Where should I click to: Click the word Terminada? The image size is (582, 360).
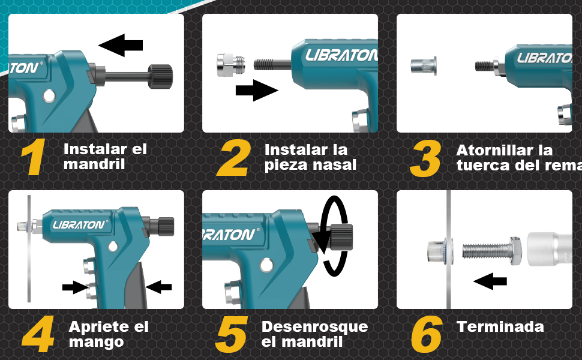[x=500, y=327]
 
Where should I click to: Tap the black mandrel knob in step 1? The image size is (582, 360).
[x=160, y=76]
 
